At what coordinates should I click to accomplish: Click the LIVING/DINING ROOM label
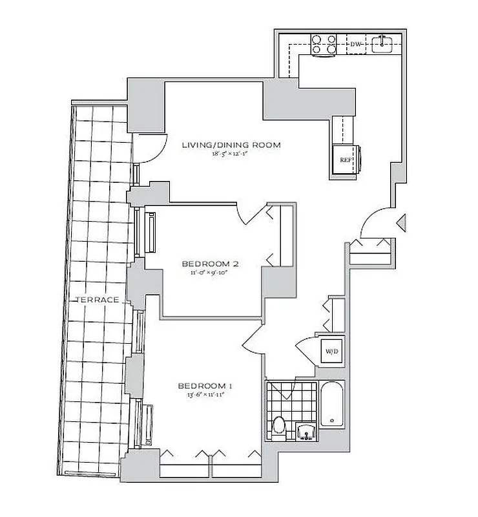point(231,145)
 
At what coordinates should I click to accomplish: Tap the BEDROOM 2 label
point(211,264)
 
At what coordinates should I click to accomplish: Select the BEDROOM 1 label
point(205,386)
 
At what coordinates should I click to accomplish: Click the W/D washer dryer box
point(332,352)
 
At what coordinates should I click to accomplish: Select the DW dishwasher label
point(355,45)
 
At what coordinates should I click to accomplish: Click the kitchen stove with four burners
point(324,44)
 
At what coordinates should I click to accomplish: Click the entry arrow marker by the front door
point(401,223)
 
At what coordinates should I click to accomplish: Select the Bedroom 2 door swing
point(252,213)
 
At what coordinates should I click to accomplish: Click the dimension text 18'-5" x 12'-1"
point(231,155)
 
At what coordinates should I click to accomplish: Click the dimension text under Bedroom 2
point(211,273)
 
